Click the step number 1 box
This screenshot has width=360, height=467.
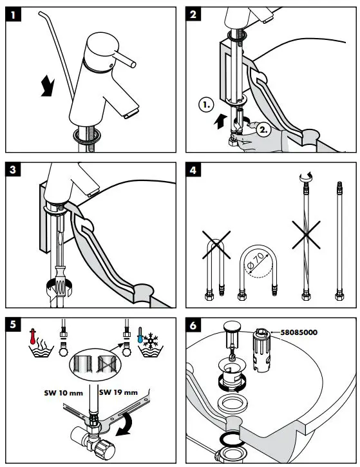[x=13, y=14]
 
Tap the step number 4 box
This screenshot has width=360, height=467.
[x=193, y=170]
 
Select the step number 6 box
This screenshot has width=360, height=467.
[x=193, y=325]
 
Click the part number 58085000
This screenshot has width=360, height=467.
[x=299, y=332]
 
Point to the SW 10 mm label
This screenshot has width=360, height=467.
[x=63, y=393]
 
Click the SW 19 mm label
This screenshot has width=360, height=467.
[x=118, y=392]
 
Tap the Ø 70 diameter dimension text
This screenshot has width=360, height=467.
[x=256, y=262]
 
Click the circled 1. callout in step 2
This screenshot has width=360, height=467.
[x=206, y=104]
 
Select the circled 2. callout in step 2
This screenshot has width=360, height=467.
[x=263, y=129]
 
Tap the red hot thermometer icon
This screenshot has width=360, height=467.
[x=33, y=336]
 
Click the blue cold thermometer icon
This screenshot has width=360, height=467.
[x=140, y=336]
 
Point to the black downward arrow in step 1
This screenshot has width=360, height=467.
[x=47, y=86]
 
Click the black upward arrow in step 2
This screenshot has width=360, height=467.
[x=220, y=122]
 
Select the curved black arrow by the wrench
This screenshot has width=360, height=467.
[x=125, y=424]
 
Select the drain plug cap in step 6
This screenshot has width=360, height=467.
[x=232, y=326]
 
